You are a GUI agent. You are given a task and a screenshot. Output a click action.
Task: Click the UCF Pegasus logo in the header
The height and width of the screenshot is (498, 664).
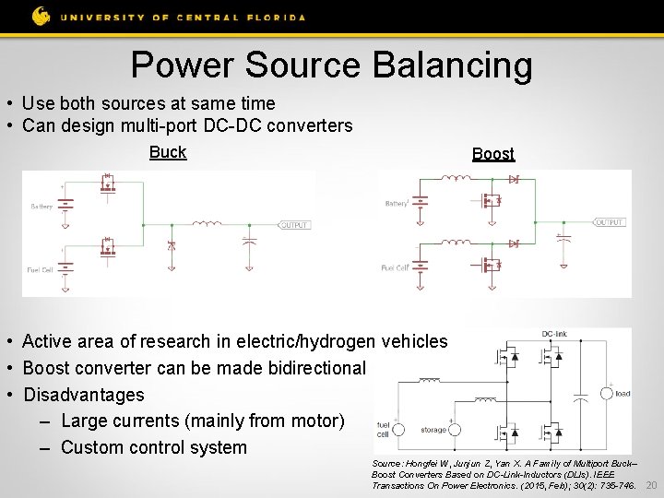[x=41, y=16]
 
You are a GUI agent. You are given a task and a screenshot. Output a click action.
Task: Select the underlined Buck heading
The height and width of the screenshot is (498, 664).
[x=168, y=152]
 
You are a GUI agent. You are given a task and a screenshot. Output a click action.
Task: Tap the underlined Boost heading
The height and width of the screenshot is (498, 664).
[x=493, y=154]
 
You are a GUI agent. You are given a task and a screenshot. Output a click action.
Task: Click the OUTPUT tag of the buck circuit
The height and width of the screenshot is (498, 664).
[x=294, y=225]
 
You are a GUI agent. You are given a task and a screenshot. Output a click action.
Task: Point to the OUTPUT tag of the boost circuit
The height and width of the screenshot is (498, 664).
[x=610, y=222]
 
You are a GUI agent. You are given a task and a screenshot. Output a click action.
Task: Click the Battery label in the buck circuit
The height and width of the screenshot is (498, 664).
[x=41, y=207]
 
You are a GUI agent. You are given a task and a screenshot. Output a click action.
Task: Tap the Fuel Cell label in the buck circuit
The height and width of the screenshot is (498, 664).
[x=41, y=270]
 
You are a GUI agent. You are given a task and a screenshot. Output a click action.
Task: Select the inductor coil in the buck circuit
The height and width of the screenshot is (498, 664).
[x=207, y=224]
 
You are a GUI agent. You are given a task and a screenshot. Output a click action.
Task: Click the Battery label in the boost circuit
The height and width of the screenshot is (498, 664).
[x=396, y=203]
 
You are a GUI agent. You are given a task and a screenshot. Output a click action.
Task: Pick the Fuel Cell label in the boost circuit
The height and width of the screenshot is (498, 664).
[x=395, y=267]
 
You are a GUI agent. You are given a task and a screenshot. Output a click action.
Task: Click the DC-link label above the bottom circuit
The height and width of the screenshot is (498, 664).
[x=554, y=334]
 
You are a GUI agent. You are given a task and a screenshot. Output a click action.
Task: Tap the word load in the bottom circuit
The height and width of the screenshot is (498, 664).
[x=622, y=394]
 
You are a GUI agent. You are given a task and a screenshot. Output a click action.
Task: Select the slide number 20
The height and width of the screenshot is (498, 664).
[x=651, y=485]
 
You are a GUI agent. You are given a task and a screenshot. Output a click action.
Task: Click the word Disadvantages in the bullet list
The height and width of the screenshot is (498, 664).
[x=83, y=395]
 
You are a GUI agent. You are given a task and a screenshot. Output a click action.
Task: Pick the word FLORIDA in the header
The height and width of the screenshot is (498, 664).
[x=275, y=16]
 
